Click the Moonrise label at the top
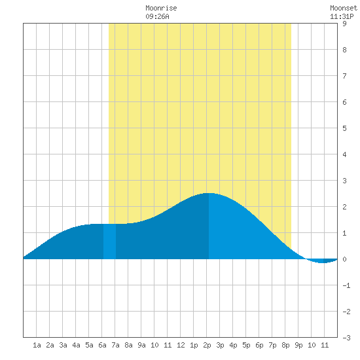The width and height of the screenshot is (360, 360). [x=161, y=9]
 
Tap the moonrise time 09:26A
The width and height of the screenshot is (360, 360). [x=157, y=16]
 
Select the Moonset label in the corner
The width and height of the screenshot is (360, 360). [x=344, y=9]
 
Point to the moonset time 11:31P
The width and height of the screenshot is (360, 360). [x=342, y=16]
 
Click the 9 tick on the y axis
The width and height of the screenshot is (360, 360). [x=344, y=24]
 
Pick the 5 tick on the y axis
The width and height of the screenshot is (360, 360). [x=344, y=128]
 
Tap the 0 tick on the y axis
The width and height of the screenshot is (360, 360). [x=344, y=259]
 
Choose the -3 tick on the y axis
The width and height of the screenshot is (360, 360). [x=346, y=338]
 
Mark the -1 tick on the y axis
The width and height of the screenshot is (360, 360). [x=346, y=285]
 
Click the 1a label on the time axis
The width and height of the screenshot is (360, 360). [x=37, y=345]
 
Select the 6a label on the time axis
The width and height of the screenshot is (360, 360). [x=102, y=345]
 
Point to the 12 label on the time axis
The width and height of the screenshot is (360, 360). [x=181, y=345]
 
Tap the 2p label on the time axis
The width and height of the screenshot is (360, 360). [x=207, y=345]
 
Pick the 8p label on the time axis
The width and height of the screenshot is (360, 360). [x=285, y=345]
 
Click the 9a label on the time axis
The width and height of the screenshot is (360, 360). [x=141, y=345]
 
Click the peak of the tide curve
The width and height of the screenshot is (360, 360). [x=208, y=193]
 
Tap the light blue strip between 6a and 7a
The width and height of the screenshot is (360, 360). [x=109, y=242]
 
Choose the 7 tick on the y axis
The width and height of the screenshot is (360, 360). [x=344, y=76]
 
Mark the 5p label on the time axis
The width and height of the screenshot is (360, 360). [x=246, y=345]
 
